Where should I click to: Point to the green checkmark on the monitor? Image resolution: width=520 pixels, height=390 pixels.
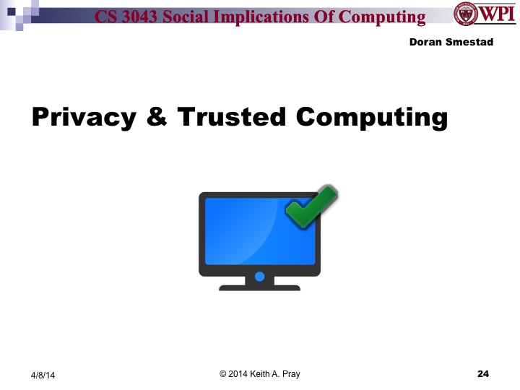312,207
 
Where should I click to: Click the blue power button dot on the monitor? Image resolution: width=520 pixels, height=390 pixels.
259,276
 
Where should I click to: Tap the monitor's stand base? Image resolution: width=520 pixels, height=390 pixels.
259,287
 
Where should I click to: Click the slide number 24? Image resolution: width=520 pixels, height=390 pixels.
483,373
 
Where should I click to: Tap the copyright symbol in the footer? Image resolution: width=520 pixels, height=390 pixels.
223,373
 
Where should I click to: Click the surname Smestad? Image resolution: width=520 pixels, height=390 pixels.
467,42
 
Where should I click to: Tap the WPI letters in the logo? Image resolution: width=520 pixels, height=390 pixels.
495,14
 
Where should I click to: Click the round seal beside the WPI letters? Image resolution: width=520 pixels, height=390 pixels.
465,15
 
